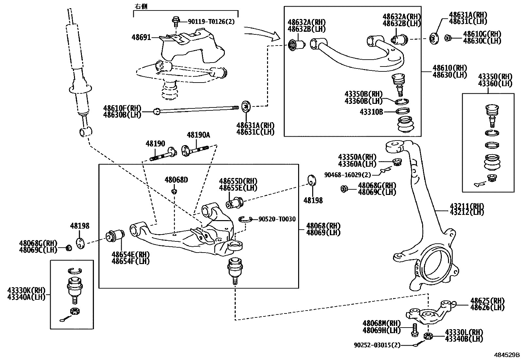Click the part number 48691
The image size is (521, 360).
tap(141, 37)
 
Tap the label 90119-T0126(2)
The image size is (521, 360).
tap(211, 22)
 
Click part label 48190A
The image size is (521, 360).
tap(198, 135)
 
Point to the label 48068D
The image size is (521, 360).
tap(176, 180)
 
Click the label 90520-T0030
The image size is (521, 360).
tap(277, 219)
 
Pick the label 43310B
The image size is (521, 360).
tap(371, 112)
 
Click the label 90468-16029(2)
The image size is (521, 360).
tap(348, 175)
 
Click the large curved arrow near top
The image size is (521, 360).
tap(261, 32)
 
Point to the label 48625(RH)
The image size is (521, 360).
tap(487, 301)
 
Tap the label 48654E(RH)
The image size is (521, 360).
tap(130, 255)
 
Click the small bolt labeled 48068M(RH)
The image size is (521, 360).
tap(414, 329)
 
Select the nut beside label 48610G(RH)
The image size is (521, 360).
tap(448, 38)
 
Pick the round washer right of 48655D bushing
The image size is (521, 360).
tap(313, 180)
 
